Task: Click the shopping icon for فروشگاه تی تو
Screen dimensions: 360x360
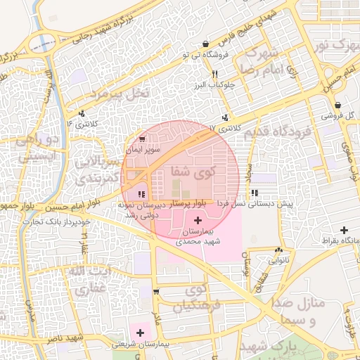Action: tap(205, 44)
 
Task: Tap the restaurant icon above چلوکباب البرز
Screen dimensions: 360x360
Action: tap(214, 74)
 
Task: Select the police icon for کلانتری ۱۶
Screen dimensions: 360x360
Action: tap(82, 113)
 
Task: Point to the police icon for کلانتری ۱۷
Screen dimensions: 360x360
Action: tap(225, 117)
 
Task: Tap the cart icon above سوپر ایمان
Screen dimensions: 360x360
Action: tap(143, 139)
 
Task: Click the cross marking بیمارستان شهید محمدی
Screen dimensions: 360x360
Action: tap(197, 221)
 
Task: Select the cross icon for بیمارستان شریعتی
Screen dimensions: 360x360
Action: tap(140, 332)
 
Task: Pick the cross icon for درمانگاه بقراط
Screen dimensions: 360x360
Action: tap(344, 230)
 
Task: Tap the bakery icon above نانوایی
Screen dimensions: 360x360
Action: tap(280, 250)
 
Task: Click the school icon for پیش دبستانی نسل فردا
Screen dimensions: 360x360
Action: tap(254, 192)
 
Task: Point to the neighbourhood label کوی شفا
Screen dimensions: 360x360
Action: tap(190, 172)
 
